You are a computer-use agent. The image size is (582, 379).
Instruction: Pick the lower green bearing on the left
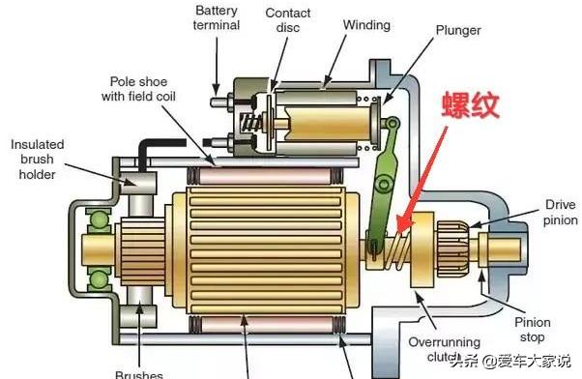click(x=99, y=281)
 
